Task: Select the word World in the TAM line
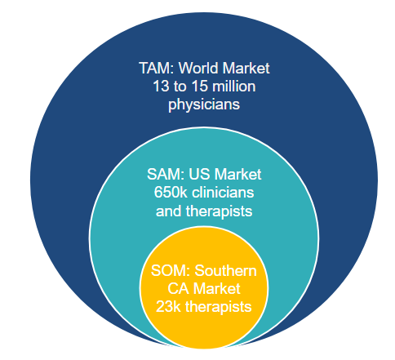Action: (x=198, y=68)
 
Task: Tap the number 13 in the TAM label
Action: (x=162, y=87)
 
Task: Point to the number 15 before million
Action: (x=200, y=87)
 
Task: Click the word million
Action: (x=234, y=87)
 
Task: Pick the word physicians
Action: (x=204, y=104)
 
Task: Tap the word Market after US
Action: (x=237, y=174)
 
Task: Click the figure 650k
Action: (x=171, y=193)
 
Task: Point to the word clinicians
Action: (x=223, y=193)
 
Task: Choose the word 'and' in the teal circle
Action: (x=169, y=211)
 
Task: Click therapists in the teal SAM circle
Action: (x=220, y=211)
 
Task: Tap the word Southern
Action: (x=225, y=271)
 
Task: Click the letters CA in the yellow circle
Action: (x=177, y=289)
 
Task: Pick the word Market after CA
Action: (x=217, y=289)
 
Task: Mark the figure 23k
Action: (x=168, y=307)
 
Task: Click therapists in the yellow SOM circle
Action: (x=219, y=308)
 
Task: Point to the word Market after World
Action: (x=246, y=68)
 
